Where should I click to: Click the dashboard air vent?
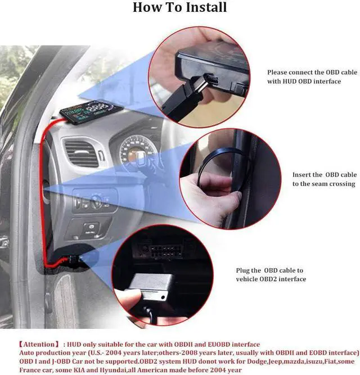coord(82,153)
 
